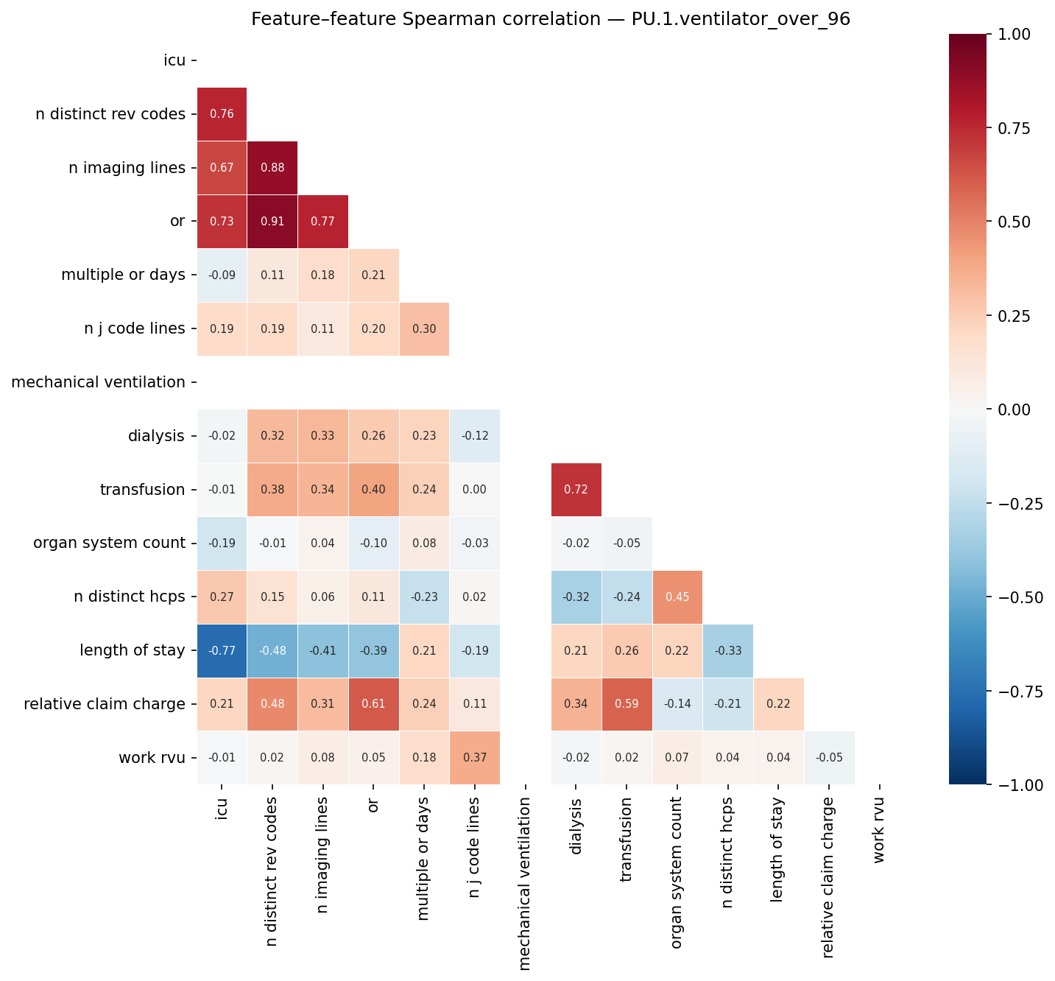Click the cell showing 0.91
pos(272,222)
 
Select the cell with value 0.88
pos(272,168)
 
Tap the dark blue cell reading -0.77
pos(222,650)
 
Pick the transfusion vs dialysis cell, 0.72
pos(576,490)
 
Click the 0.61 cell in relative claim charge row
pos(373,704)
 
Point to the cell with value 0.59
pos(627,704)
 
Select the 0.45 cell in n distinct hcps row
pos(677,597)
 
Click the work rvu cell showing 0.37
pos(475,758)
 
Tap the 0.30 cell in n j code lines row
pos(424,328)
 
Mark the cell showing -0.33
pos(728,650)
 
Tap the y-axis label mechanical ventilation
pos(99,382)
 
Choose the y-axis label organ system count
pos(109,544)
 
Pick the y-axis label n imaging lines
pos(127,168)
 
